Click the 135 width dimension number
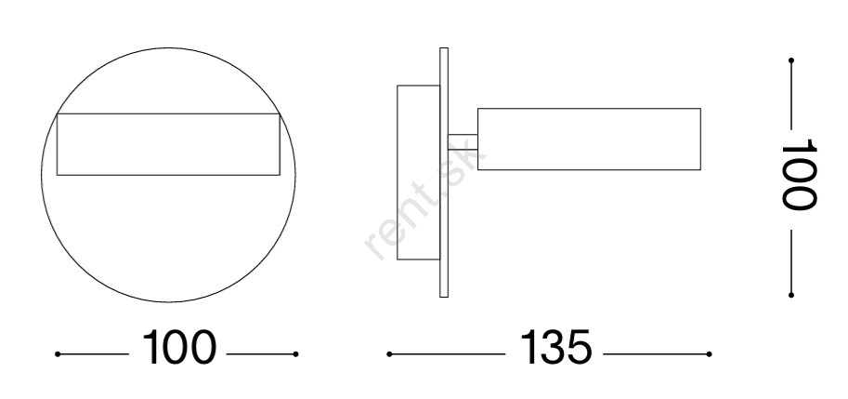pos(556,347)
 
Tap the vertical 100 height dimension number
pos(799,174)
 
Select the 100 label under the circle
pos(179,347)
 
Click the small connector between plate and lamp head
pos(463,142)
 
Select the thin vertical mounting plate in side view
pos(444,172)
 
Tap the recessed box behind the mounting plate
pos(418,172)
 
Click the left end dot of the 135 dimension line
pos(389,354)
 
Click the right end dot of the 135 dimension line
pos(709,354)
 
